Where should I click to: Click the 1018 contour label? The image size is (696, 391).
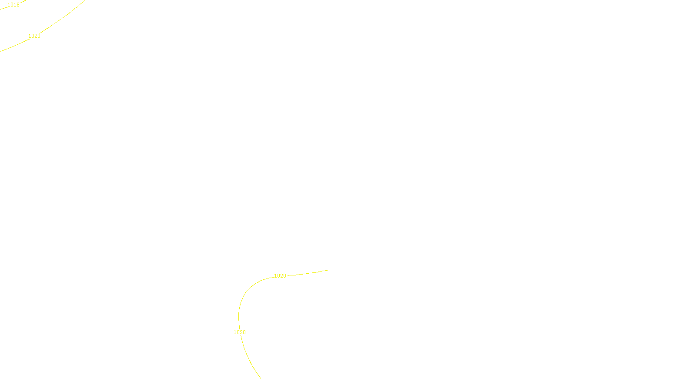[x=13, y=5]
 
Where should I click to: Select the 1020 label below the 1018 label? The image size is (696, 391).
[x=34, y=36]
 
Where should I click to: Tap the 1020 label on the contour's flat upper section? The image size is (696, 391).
[x=280, y=276]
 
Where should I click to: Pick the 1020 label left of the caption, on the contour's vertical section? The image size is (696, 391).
[x=240, y=332]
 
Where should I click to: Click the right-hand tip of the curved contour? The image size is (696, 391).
[x=327, y=270]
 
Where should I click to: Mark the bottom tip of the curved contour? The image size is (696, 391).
[x=261, y=378]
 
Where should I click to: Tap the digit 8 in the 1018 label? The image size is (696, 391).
[x=18, y=5]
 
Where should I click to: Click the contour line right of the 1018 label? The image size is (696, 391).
[x=23, y=1]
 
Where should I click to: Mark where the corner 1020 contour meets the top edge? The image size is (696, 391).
[x=84, y=0]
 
